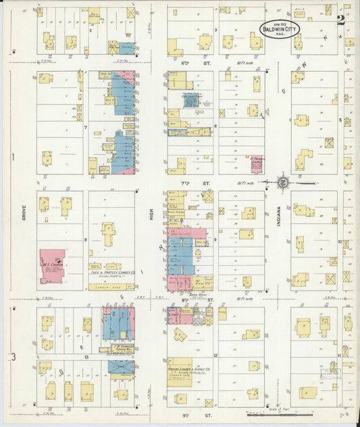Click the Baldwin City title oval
pos(278,29)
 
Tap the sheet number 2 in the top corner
pos(341,21)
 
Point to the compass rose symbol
pos(284,182)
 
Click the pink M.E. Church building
pos(51,266)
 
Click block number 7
pos(86,127)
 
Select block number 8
pos(86,240)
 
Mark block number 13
pos(86,356)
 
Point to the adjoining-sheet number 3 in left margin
pos(13,356)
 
